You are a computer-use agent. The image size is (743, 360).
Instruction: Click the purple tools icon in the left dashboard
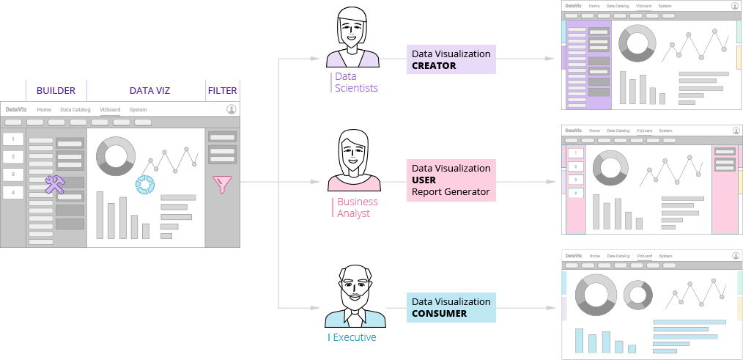coord(56,185)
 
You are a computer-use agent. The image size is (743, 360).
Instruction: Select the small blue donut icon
coord(145,185)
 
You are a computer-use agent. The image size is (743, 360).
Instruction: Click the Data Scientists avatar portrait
coord(352,37)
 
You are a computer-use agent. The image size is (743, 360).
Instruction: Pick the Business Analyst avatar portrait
coord(354,160)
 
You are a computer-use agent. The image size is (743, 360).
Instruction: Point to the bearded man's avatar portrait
coord(355,295)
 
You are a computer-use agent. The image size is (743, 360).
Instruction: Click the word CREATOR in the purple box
coord(434,66)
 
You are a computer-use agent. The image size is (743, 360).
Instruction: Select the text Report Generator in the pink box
coord(451,193)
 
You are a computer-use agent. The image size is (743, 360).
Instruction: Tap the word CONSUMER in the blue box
coord(439,314)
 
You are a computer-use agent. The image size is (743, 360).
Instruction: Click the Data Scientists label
coord(356,82)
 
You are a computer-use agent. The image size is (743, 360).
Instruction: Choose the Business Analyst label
coord(357,207)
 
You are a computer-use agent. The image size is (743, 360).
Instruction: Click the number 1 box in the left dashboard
coord(12,139)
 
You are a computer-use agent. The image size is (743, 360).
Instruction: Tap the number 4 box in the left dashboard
coord(12,193)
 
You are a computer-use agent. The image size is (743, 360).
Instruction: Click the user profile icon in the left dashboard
coord(232,109)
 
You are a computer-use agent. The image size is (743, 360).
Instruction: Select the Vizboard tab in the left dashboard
coord(110,110)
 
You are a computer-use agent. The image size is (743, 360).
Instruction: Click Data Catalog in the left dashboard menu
coord(75,110)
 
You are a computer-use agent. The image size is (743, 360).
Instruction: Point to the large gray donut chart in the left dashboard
coord(116,155)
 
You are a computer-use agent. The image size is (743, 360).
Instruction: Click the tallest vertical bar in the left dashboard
coord(100,215)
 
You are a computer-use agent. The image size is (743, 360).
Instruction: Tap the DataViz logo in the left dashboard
coord(15,110)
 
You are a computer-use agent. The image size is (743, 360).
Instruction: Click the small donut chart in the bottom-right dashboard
coord(637,295)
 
